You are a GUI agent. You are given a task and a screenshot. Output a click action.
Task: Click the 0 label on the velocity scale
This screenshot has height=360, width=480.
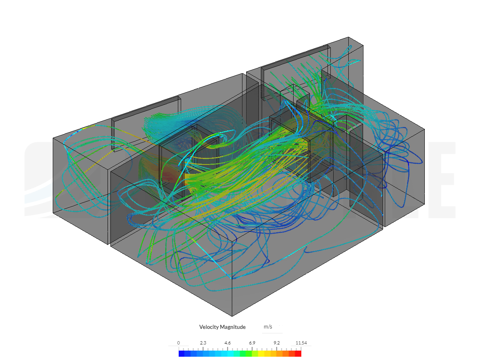click(179, 343)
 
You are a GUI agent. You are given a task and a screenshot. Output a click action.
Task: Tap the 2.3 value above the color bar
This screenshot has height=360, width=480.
click(203, 343)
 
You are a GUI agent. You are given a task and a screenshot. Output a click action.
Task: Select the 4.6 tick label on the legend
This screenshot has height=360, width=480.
click(227, 343)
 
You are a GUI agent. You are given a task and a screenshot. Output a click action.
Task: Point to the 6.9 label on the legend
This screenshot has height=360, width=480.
click(252, 343)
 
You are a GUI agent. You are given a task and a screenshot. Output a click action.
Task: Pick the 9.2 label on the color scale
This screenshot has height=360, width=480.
click(276, 343)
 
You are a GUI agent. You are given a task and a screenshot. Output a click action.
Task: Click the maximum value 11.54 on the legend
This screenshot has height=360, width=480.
click(301, 343)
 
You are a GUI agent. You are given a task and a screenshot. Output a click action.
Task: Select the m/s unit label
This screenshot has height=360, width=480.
click(268, 326)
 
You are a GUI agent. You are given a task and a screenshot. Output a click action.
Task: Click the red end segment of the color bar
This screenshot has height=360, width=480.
click(298, 353)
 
